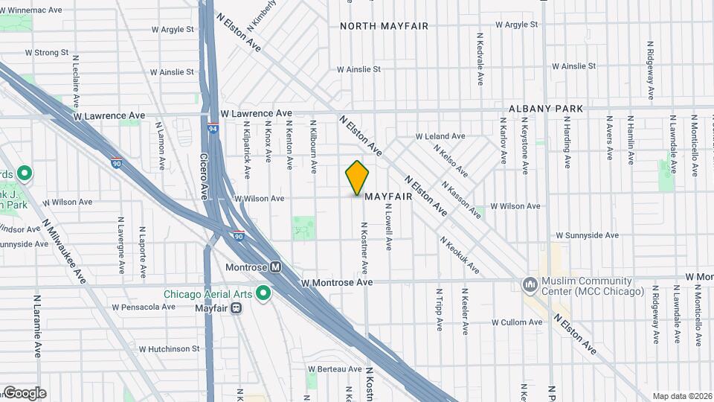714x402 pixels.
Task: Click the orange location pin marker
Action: pyautogui.click(x=357, y=178)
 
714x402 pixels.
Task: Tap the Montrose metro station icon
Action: pyautogui.click(x=275, y=267)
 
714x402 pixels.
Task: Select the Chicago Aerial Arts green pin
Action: pyautogui.click(x=262, y=293)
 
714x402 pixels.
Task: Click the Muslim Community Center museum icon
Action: pyautogui.click(x=530, y=284)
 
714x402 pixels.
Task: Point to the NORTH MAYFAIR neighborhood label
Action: pyautogui.click(x=384, y=26)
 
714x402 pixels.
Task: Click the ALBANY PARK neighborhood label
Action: pyautogui.click(x=546, y=109)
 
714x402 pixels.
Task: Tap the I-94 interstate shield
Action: pyautogui.click(x=213, y=129)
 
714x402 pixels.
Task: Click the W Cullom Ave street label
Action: pyautogui.click(x=516, y=322)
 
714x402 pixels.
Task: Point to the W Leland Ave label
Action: pyautogui.click(x=440, y=137)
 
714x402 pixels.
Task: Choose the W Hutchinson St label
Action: pyautogui.click(x=169, y=348)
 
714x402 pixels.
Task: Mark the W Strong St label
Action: pyautogui.click(x=46, y=53)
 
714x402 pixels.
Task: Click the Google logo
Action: pyautogui.click(x=24, y=393)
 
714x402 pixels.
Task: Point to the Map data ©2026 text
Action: pyautogui.click(x=681, y=396)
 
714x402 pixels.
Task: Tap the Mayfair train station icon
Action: pyautogui.click(x=236, y=307)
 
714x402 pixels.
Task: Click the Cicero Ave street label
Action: pyautogui.click(x=204, y=176)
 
